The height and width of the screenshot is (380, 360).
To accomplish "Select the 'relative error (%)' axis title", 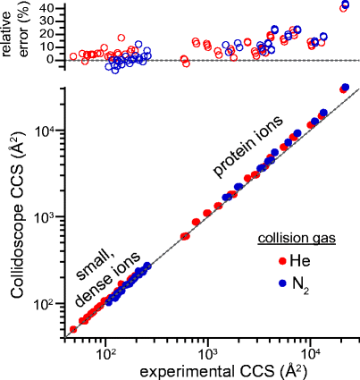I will pos(15,30).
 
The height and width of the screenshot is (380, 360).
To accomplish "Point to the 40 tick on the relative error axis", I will pos(50,8).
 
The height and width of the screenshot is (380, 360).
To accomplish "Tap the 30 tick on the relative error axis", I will pos(50,21).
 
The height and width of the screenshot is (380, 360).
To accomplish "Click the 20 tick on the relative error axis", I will pos(50,34).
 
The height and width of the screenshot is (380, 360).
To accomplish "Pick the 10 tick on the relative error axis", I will pos(50,46).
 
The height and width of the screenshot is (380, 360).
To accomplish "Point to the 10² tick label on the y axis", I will pos(46,304).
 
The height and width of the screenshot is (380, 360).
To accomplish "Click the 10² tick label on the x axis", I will pos(105,352).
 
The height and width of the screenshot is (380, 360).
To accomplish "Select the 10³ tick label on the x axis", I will pos(207,352).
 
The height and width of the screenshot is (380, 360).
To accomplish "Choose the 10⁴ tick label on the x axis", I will pos(310,352).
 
